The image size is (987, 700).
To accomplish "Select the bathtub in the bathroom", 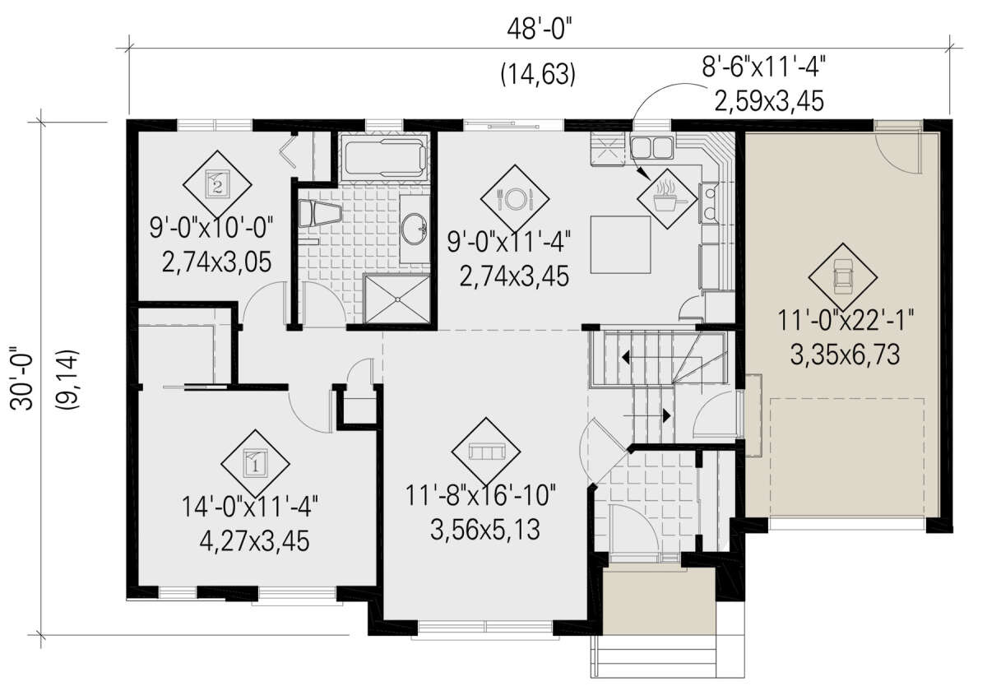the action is (384, 158).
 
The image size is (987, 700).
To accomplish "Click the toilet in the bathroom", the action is (320, 213).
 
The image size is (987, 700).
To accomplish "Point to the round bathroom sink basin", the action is (415, 228).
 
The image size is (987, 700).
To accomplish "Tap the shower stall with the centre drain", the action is (396, 299).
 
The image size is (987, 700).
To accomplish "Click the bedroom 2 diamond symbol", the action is (217, 185).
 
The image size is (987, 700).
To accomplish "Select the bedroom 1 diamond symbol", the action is (255, 464).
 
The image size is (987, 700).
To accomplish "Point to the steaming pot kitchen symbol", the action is (667, 199).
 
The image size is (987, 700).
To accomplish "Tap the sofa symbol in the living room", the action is (486, 452).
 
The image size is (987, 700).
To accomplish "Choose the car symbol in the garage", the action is (842, 277).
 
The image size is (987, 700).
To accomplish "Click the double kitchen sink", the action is (651, 146).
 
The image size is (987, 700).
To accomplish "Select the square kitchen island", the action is (621, 245).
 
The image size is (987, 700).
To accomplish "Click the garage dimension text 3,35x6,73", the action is (845, 355).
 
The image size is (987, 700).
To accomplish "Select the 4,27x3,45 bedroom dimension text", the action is (254, 541).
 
